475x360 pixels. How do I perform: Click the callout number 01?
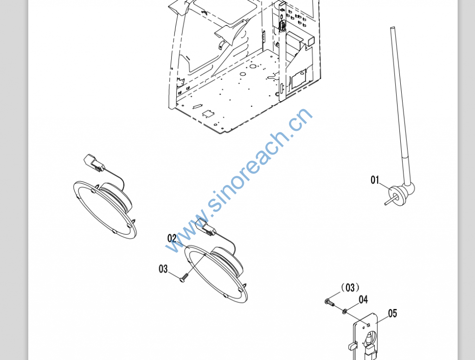point(375,180)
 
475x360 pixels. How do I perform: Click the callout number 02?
point(172,238)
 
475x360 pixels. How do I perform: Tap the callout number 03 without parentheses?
point(163,269)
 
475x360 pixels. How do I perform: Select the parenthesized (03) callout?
point(350,287)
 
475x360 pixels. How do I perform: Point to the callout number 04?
point(363,300)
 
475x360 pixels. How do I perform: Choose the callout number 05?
point(392,313)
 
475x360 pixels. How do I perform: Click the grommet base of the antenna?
point(398,196)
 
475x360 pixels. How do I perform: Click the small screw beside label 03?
point(184,278)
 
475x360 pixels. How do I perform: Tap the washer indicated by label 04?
point(345,311)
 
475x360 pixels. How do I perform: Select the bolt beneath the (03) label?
point(330,302)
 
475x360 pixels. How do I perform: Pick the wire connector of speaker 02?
point(205,227)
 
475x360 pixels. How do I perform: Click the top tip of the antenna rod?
point(392,28)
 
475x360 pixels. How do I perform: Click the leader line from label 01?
point(385,186)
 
